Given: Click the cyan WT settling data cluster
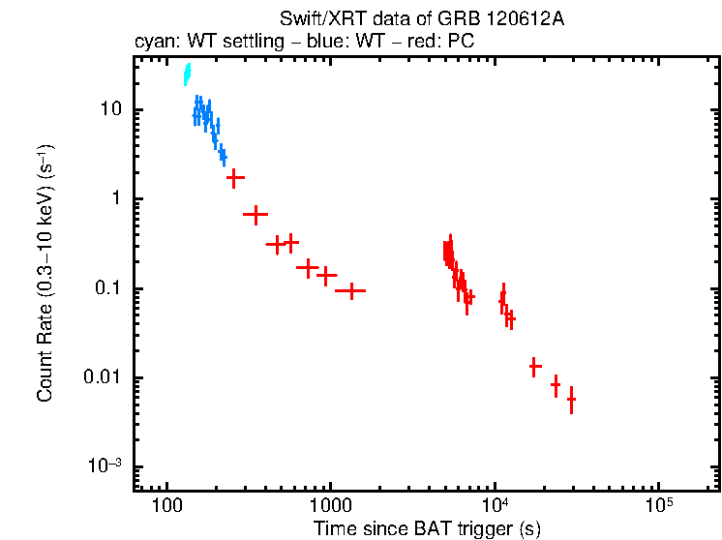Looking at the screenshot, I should pyautogui.click(x=187, y=75).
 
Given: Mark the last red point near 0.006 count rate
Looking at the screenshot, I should pyautogui.click(x=571, y=399).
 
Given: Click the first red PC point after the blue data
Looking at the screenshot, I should pyautogui.click(x=234, y=178).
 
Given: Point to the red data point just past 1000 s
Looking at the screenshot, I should pyautogui.click(x=350, y=289).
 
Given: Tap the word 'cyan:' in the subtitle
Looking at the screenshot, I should pyautogui.click(x=155, y=43).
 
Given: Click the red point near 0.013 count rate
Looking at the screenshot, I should pyautogui.click(x=534, y=367).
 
